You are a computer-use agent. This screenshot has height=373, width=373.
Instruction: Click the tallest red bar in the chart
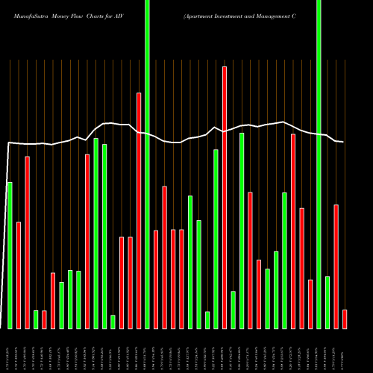[225, 197]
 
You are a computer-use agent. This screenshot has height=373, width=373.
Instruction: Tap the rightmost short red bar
[345, 319]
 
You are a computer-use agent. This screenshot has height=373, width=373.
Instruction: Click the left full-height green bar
[147, 164]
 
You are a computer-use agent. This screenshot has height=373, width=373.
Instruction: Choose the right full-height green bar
[319, 164]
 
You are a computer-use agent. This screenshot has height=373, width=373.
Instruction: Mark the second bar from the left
[19, 275]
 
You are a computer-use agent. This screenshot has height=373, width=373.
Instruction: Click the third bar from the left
[27, 242]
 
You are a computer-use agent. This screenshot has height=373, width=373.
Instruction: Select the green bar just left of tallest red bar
[216, 239]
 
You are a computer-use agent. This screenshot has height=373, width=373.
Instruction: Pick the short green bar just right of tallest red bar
[233, 310]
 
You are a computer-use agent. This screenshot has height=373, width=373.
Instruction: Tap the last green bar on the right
[327, 302]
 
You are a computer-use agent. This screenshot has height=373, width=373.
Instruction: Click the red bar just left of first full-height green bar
[139, 210]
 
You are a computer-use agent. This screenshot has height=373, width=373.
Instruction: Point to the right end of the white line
[343, 142]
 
